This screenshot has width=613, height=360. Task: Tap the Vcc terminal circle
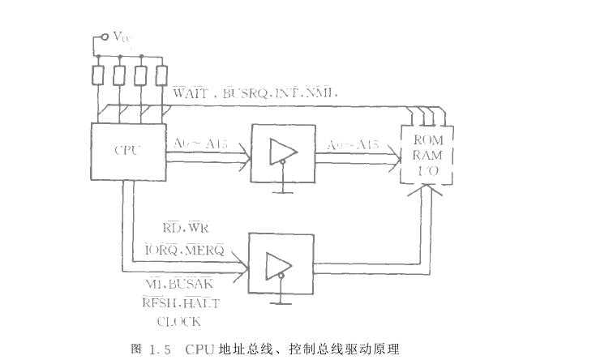103,36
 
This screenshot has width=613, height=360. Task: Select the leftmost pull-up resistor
97,74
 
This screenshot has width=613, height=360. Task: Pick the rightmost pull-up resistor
161,74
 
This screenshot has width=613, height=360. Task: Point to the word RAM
427,156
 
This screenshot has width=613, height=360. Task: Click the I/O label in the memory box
427,170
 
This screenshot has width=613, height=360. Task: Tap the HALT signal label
202,303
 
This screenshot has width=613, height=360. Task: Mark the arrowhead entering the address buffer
244,160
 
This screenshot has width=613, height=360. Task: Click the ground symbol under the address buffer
281,191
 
